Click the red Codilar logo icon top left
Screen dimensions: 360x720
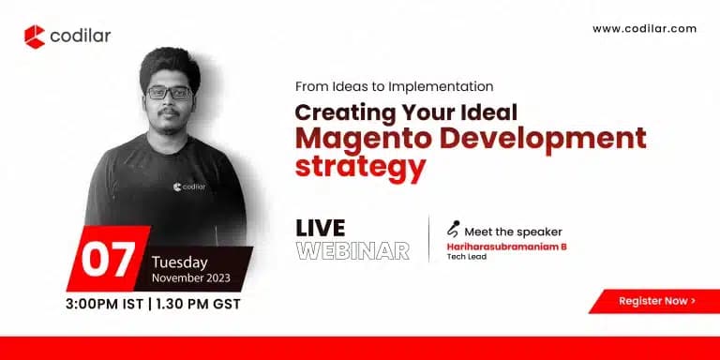coord(35,37)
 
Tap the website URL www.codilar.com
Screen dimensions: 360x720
coord(644,29)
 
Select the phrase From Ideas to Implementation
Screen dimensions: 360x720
coord(394,85)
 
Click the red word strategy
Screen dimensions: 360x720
coord(360,169)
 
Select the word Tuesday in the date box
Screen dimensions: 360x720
coord(181,262)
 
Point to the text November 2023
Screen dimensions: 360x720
coord(194,278)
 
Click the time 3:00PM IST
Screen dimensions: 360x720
coord(105,305)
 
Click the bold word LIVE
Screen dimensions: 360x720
coord(320,229)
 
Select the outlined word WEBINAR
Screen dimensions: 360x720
coord(352,251)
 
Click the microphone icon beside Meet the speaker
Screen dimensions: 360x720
coord(454,230)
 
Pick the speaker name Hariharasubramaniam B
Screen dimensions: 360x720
coord(507,247)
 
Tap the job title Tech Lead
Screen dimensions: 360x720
coord(467,256)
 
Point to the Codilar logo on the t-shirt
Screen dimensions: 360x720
coord(189,186)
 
